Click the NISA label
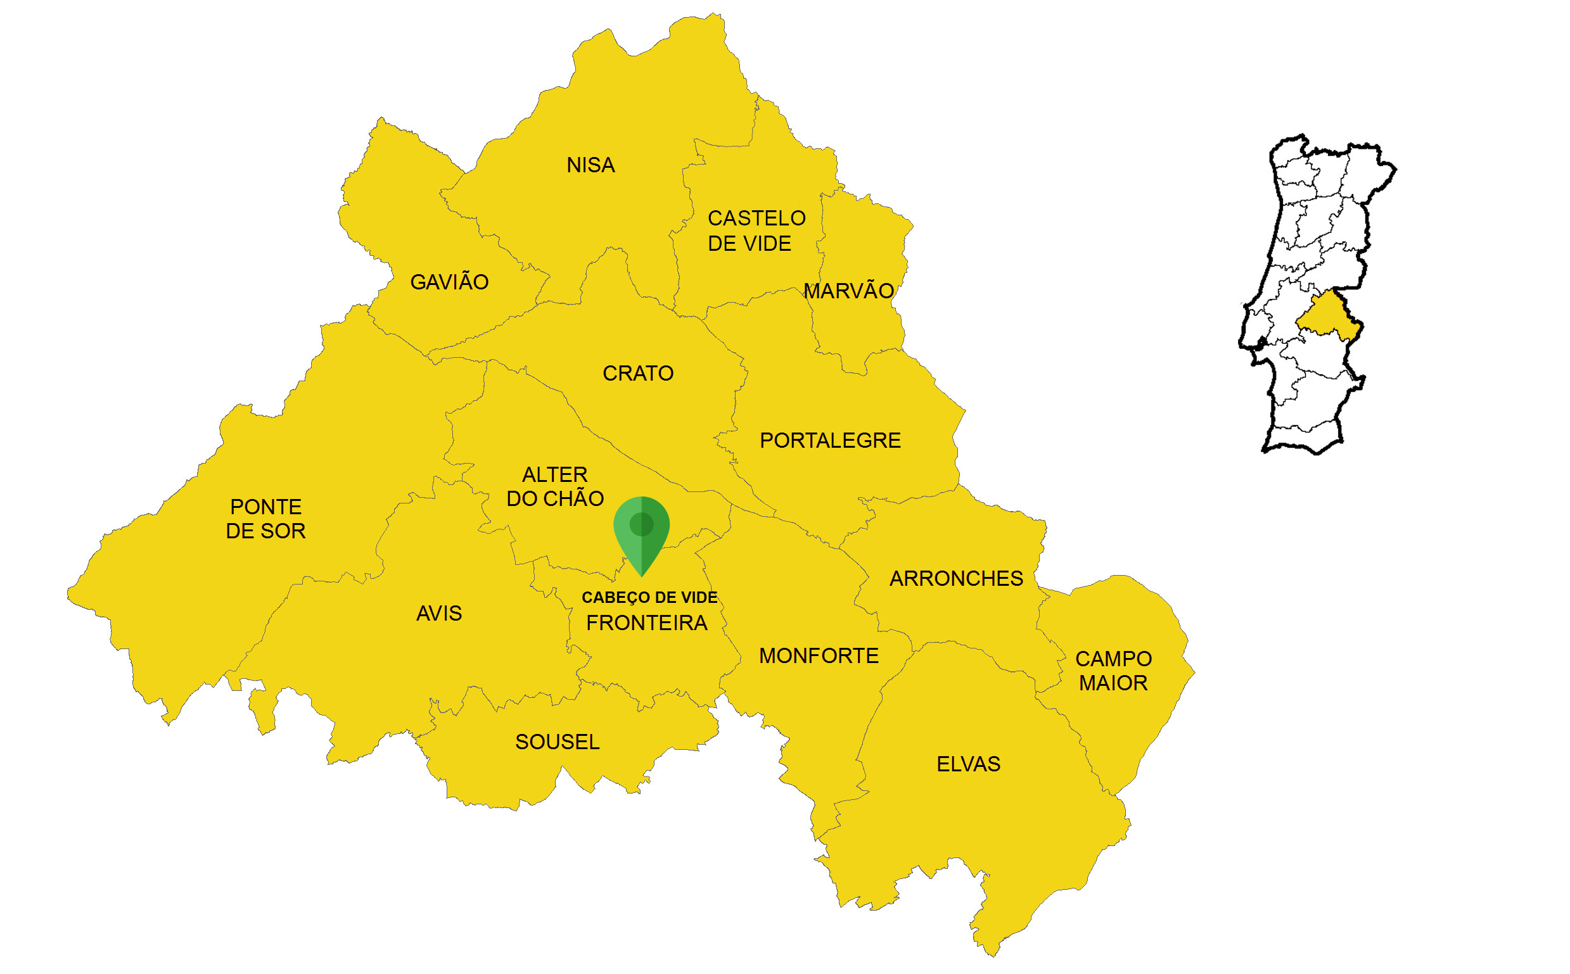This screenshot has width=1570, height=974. pyautogui.click(x=590, y=165)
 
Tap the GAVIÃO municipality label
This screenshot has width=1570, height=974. pyautogui.click(x=449, y=282)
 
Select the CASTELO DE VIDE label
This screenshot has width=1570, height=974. pyautogui.click(x=756, y=231)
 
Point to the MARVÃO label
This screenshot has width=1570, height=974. pyautogui.click(x=848, y=291)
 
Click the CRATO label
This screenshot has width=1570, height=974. pyautogui.click(x=637, y=374)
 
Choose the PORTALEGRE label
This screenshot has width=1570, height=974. pyautogui.click(x=829, y=441)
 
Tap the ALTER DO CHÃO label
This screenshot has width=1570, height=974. pyautogui.click(x=554, y=487)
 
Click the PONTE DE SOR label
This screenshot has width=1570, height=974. pyautogui.click(x=265, y=519)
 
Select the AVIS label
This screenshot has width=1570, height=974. pyautogui.click(x=439, y=613)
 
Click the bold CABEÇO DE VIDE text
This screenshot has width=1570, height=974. pyautogui.click(x=649, y=598)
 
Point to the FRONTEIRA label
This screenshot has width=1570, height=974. pyautogui.click(x=646, y=623)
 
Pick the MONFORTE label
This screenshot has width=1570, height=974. pyautogui.click(x=819, y=656)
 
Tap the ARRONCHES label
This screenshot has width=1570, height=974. pyautogui.click(x=956, y=578)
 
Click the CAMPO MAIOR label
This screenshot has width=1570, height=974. pyautogui.click(x=1113, y=671)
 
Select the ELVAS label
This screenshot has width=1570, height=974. pyautogui.click(x=968, y=764)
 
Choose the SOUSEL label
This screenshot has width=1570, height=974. pyautogui.click(x=557, y=742)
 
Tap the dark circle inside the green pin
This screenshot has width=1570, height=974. pyautogui.click(x=641, y=524)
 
